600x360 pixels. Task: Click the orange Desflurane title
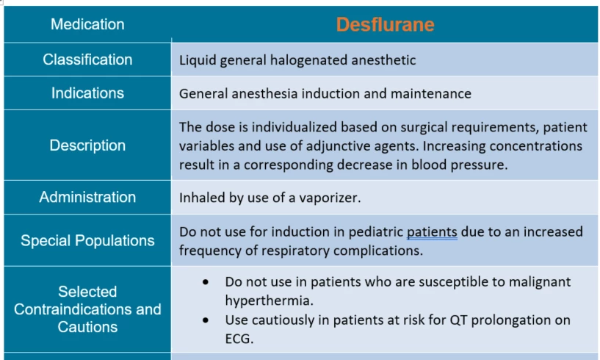[386, 24]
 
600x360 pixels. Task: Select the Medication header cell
[87, 24]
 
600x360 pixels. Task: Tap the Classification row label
[87, 60]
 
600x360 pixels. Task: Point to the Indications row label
[87, 93]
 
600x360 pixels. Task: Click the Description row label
[87, 145]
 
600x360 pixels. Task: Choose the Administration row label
[87, 197]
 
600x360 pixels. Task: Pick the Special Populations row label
[87, 240]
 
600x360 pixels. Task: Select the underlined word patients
[432, 232]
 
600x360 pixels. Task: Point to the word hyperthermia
[270, 300]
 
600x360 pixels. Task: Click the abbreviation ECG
[239, 339]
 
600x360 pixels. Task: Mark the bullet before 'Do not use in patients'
[206, 282]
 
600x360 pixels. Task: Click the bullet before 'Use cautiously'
[206, 320]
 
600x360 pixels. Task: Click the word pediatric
[376, 232]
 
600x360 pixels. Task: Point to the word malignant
[540, 282]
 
